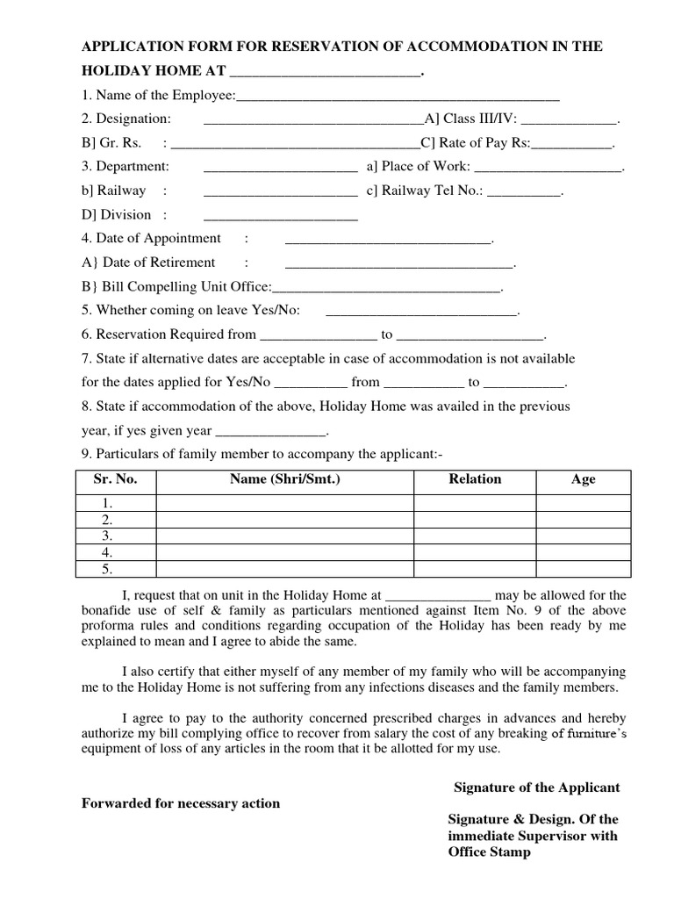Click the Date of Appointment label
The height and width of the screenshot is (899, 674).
point(151,238)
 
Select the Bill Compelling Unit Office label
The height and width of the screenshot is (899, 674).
point(176,286)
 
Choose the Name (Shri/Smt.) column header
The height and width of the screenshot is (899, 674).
point(284,479)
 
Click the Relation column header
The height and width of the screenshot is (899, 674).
point(475,479)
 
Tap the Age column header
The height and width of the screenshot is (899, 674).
point(583,479)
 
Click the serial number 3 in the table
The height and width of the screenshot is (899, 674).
point(107,536)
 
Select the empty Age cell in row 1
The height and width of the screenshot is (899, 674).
point(583,503)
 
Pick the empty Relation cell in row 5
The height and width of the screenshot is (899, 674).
point(475,569)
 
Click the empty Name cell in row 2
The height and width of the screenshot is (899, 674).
point(284,520)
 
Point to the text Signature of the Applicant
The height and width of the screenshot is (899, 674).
point(536,787)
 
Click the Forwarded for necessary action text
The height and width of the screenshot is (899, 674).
point(181,803)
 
